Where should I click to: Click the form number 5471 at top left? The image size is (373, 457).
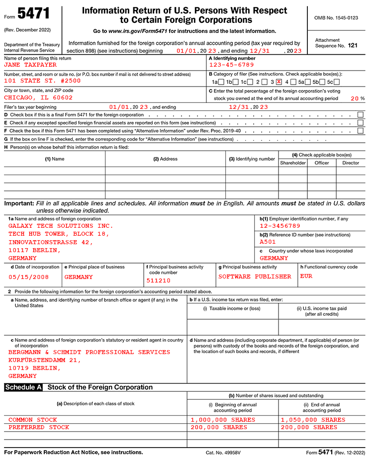34,13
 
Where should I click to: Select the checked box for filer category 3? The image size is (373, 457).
279,82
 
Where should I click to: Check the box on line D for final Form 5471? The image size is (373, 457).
360,115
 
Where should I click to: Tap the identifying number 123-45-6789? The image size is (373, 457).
231,65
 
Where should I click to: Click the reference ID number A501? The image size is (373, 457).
268,242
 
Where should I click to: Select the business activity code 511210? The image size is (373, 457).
159,280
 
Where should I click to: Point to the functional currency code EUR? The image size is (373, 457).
306,276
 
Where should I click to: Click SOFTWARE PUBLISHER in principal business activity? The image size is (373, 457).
255,276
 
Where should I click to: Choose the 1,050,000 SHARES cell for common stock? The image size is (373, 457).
313,420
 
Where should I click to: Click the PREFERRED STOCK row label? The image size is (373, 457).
39,427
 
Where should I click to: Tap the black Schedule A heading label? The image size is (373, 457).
23,387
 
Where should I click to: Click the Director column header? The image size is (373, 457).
351,163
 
